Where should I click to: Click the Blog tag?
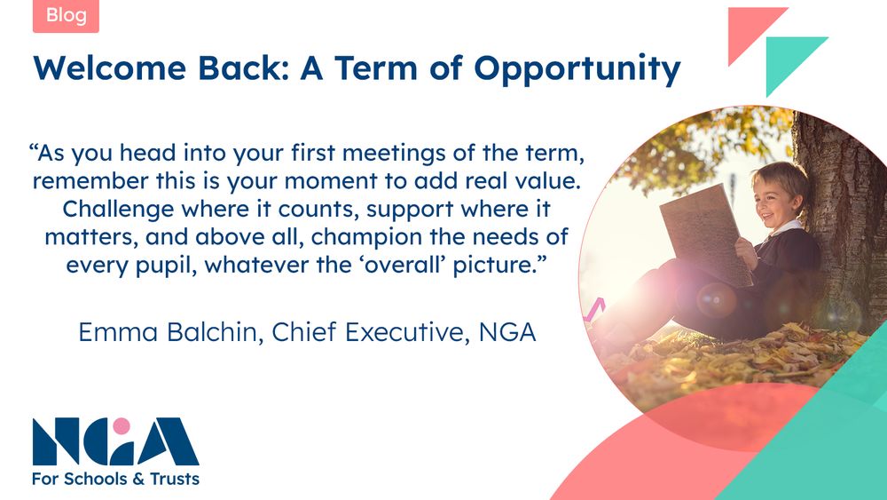tap(66, 16)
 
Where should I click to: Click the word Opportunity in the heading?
tap(577, 69)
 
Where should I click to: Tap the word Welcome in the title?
tap(110, 67)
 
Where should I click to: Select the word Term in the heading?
tap(376, 67)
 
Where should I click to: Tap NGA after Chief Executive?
tap(506, 332)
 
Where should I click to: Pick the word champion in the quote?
tap(367, 238)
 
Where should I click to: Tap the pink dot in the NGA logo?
tap(121, 425)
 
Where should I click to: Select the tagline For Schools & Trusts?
tap(116, 479)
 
